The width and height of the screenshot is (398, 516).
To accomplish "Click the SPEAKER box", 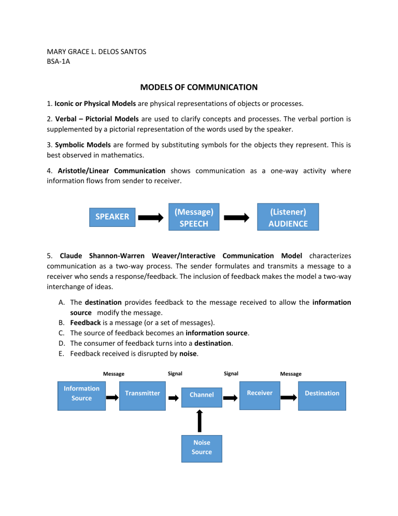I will click(112, 216).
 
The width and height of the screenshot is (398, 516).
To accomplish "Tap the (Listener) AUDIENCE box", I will click(288, 217).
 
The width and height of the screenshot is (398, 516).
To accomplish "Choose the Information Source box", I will click(81, 393).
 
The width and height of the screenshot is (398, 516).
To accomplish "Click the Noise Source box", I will click(202, 447).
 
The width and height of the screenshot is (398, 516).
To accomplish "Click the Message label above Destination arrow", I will click(291, 374).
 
